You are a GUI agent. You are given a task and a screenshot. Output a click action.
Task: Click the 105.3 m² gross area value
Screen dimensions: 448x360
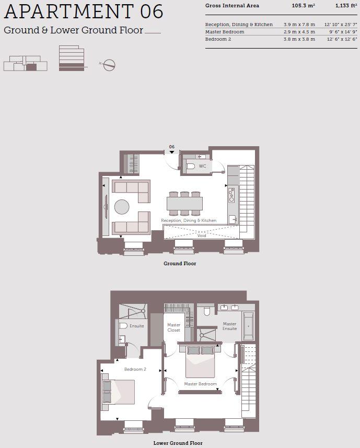tap(303, 6)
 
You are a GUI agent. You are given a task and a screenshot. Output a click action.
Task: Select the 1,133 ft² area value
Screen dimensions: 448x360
tap(346, 6)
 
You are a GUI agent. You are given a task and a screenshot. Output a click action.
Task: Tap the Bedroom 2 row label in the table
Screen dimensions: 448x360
tap(217, 39)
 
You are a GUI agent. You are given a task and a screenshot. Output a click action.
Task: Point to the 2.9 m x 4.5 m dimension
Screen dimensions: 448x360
tap(299, 32)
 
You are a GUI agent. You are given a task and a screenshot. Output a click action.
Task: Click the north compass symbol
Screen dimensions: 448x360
tap(109, 65)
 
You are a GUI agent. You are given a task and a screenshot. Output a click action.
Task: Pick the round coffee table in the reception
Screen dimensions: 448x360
tap(122, 207)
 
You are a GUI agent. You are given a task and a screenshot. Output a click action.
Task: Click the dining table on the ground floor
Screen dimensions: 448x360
tap(184, 203)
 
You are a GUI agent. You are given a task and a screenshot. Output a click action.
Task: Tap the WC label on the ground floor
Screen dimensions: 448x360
tap(202, 167)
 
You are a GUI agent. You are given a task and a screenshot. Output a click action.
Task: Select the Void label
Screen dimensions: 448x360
tap(202, 235)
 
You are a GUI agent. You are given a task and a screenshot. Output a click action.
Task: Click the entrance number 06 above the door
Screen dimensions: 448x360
tap(171, 147)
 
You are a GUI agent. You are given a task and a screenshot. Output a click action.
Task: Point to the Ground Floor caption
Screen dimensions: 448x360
tap(180, 264)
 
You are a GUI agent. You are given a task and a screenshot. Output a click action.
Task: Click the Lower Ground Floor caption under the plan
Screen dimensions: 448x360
tap(178, 443)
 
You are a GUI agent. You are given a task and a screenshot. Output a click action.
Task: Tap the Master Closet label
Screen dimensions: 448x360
tap(173, 328)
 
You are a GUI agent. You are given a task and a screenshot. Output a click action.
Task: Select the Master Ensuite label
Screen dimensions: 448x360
tap(229, 326)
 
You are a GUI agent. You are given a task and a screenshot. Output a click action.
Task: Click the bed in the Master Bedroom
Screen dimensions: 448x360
tap(201, 361)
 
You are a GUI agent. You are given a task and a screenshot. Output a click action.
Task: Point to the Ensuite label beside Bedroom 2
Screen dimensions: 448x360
tap(136, 326)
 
